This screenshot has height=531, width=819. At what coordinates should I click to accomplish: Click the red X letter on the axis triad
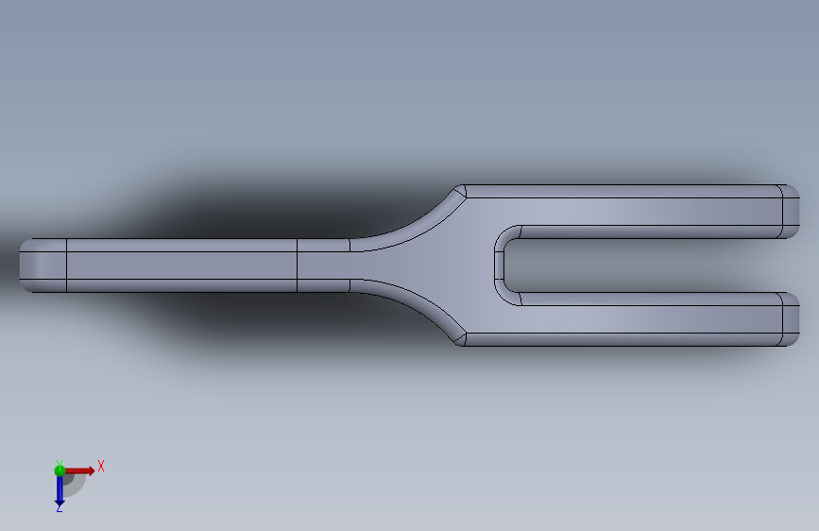[101, 466]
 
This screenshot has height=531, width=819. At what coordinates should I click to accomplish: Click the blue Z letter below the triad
[60, 507]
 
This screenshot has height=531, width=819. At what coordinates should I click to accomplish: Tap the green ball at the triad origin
[60, 471]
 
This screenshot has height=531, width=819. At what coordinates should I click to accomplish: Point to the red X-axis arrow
[79, 471]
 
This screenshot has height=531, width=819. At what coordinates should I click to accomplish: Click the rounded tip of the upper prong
[791, 211]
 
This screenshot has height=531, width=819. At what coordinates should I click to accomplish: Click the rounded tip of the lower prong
[791, 319]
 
